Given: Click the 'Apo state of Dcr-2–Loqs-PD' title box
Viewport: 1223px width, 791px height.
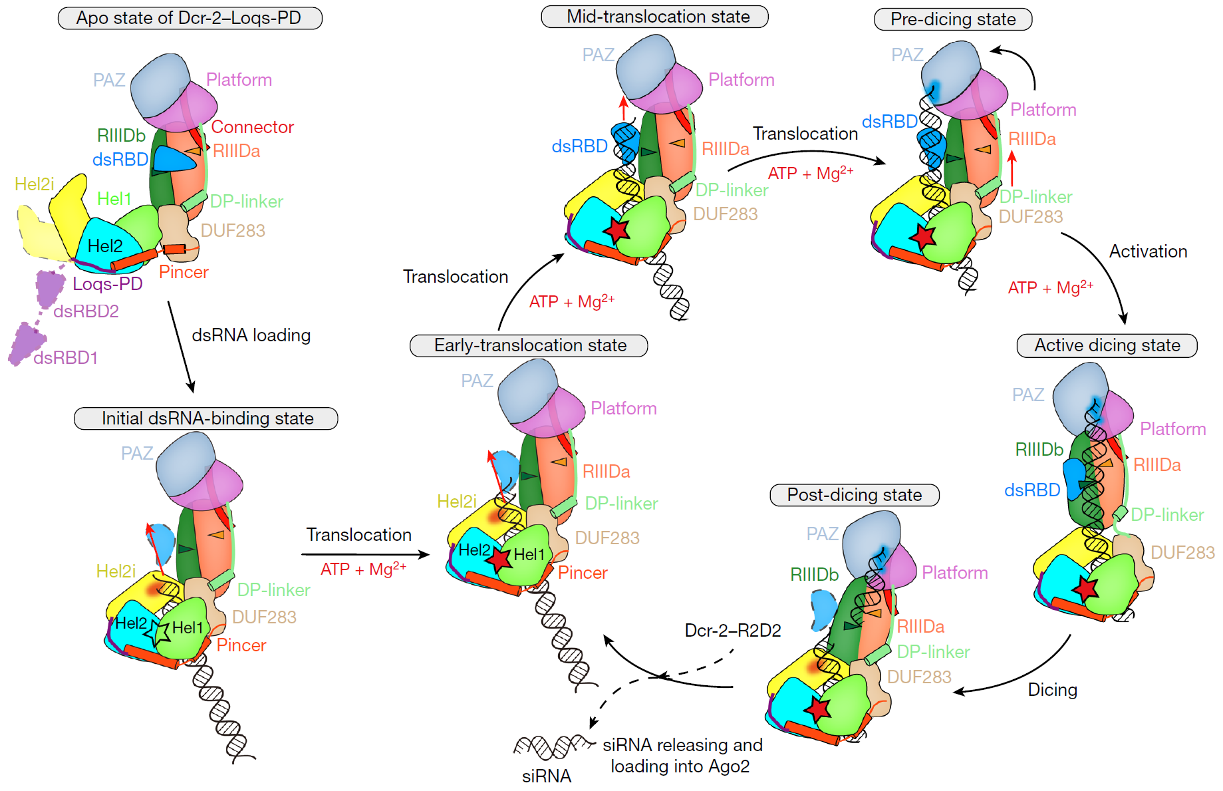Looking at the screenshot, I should [190, 18].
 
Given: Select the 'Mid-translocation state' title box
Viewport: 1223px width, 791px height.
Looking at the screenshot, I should [654, 17].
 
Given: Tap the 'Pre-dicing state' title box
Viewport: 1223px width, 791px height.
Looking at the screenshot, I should [952, 19].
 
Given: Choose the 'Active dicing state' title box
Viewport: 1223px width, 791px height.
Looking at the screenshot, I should [1107, 345].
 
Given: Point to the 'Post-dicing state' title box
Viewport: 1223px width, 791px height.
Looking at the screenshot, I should [854, 495].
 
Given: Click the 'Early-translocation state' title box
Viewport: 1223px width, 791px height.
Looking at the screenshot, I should [529, 345].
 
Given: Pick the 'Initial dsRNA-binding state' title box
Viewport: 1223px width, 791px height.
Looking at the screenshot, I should [206, 418].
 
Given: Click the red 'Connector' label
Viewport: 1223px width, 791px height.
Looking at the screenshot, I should [252, 127].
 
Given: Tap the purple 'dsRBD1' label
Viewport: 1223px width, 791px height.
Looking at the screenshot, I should [65, 358].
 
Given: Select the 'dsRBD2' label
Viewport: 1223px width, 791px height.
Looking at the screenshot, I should [86, 311].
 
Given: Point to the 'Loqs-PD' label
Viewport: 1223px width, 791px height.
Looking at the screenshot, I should [107, 284].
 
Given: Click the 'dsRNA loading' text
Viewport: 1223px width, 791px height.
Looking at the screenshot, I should [251, 335].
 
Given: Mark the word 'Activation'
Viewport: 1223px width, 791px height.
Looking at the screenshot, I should [1148, 251].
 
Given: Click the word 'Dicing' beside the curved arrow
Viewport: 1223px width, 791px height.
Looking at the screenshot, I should [1052, 690].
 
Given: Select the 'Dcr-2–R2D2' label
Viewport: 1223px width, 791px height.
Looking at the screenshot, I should [733, 630].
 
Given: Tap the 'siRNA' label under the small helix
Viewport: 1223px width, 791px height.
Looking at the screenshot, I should [546, 776].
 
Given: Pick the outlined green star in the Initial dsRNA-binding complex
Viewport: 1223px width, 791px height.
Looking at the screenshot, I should [160, 632].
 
